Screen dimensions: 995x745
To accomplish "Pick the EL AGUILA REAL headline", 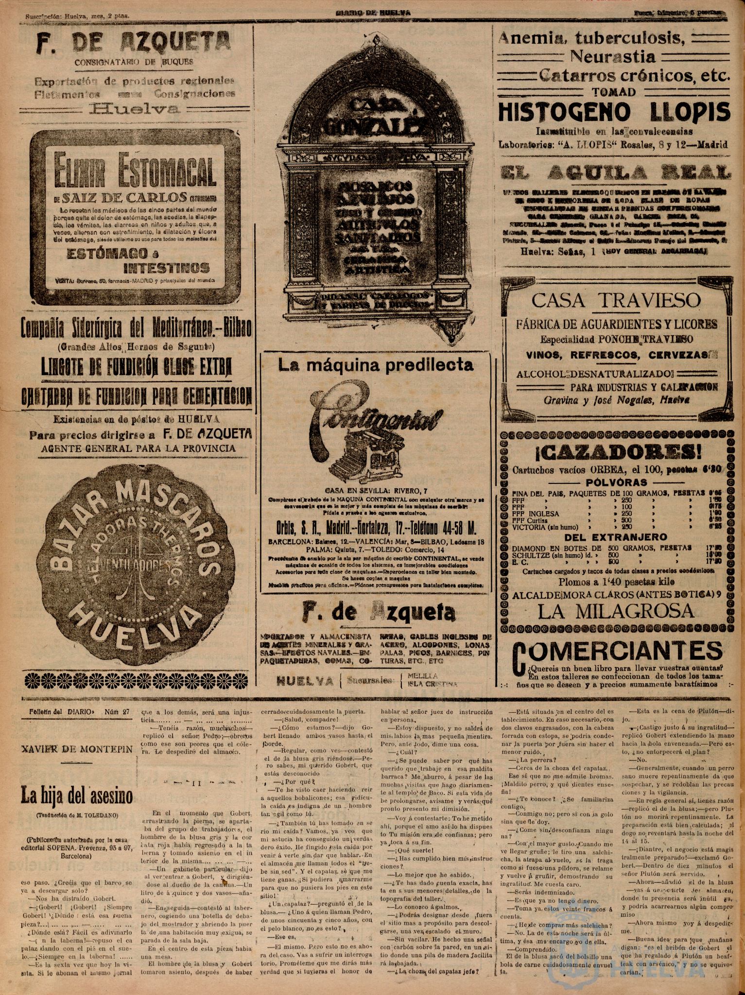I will coord(615,172).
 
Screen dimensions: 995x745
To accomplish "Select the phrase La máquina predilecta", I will coord(376,365).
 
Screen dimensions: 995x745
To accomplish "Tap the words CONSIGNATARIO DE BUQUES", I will coord(134,62).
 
